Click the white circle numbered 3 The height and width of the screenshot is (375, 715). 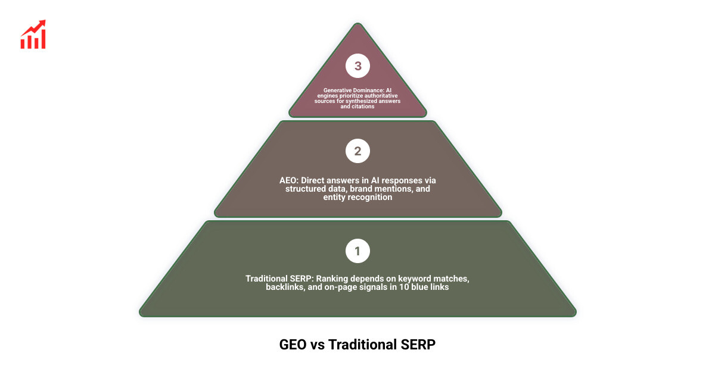[x=357, y=66]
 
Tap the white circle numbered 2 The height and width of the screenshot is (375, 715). [x=357, y=151]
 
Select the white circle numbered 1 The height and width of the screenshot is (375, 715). [x=357, y=251]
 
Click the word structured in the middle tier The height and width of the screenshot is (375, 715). [x=305, y=189]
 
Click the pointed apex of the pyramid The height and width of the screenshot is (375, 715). [x=357, y=24]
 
